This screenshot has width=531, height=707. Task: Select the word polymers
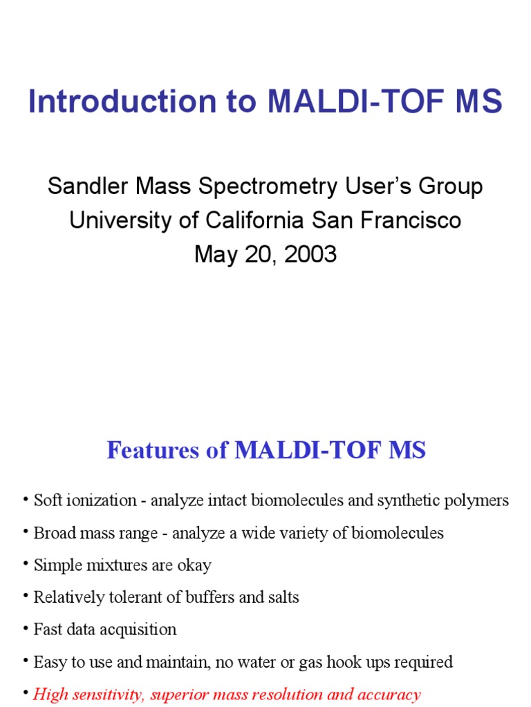(x=482, y=501)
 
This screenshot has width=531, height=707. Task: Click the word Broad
(x=54, y=533)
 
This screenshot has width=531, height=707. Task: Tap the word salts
(x=283, y=597)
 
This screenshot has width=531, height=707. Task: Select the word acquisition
(x=140, y=630)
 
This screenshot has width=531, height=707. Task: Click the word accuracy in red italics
(x=390, y=695)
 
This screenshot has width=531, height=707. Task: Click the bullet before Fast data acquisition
(x=27, y=629)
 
